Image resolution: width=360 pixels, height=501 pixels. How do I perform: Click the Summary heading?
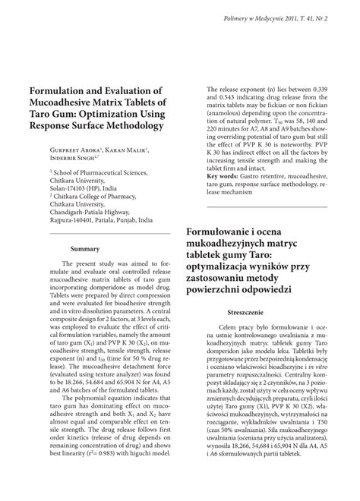tap(86, 248)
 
